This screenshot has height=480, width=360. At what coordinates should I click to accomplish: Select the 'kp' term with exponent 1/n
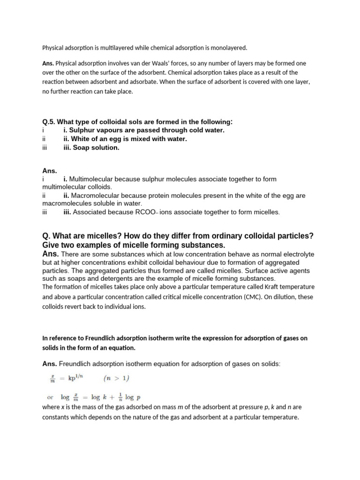pyautogui.click(x=77, y=377)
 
